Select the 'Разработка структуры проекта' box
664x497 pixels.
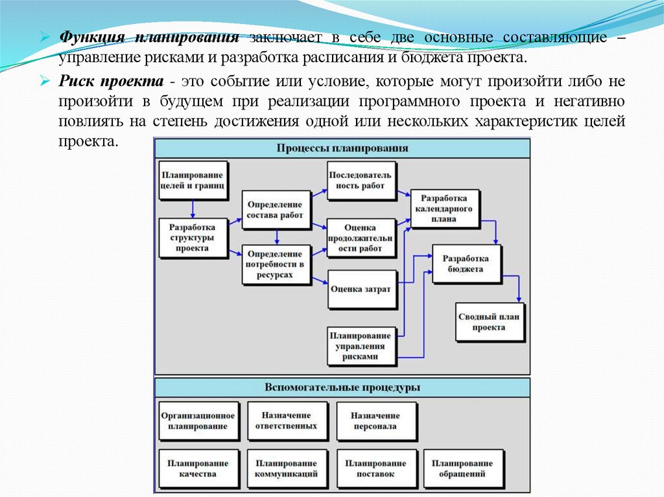[x=193, y=238]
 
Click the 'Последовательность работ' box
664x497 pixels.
[x=361, y=180]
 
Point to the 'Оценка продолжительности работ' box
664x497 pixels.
[x=361, y=237]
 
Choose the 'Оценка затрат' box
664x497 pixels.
[x=361, y=288]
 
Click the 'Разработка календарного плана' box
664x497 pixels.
[x=447, y=208]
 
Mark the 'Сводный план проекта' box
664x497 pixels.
[x=489, y=322]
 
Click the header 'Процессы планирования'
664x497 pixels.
[x=342, y=148]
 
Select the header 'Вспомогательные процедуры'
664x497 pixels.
[x=342, y=387]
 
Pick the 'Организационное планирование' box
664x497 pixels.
[x=198, y=421]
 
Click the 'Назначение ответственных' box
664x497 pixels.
[x=287, y=421]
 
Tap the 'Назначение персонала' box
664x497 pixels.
[x=376, y=421]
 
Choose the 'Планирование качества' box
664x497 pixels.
[x=198, y=468]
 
